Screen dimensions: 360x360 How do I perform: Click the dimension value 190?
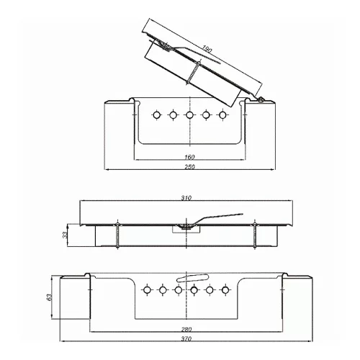point(206,49)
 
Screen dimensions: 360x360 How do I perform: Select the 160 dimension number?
point(189,157)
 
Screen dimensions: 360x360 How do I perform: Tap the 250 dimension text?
point(189,166)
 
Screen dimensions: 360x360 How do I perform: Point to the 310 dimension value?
point(186,198)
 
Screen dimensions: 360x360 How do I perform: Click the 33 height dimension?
point(65,235)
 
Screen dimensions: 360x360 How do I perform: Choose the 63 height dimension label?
point(49,297)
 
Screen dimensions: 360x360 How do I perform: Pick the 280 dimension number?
point(186,329)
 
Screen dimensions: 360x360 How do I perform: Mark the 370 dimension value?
point(186,338)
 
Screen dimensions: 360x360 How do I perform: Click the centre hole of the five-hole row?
point(189,115)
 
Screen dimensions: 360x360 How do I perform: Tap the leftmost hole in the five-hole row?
point(157,115)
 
